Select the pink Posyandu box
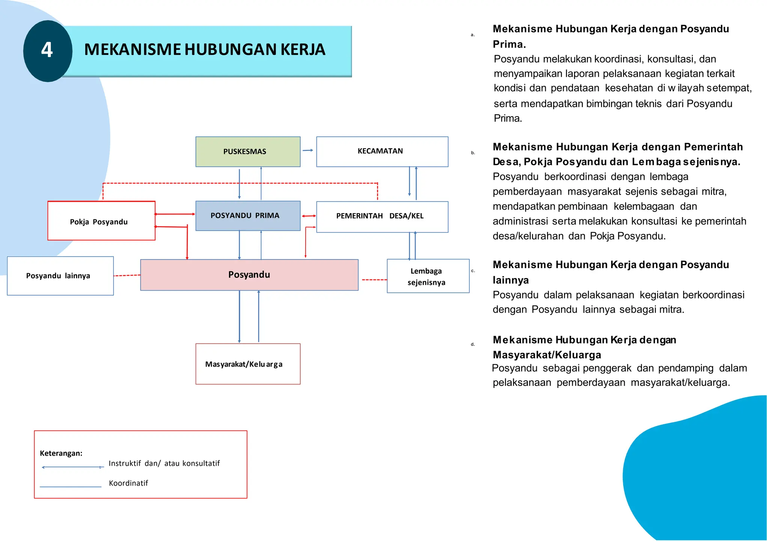(x=249, y=275)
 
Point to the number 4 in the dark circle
(x=47, y=50)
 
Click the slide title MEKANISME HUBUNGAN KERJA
(x=204, y=50)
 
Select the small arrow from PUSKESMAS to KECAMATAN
(x=308, y=151)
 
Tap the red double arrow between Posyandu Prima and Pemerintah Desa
(x=309, y=216)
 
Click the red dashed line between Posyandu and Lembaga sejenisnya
(x=374, y=280)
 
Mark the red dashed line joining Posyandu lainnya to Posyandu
(x=127, y=276)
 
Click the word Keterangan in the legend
(x=61, y=453)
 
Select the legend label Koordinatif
(x=128, y=483)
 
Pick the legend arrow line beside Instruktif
(x=73, y=467)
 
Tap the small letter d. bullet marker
(x=473, y=344)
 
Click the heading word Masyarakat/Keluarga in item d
(x=547, y=355)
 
